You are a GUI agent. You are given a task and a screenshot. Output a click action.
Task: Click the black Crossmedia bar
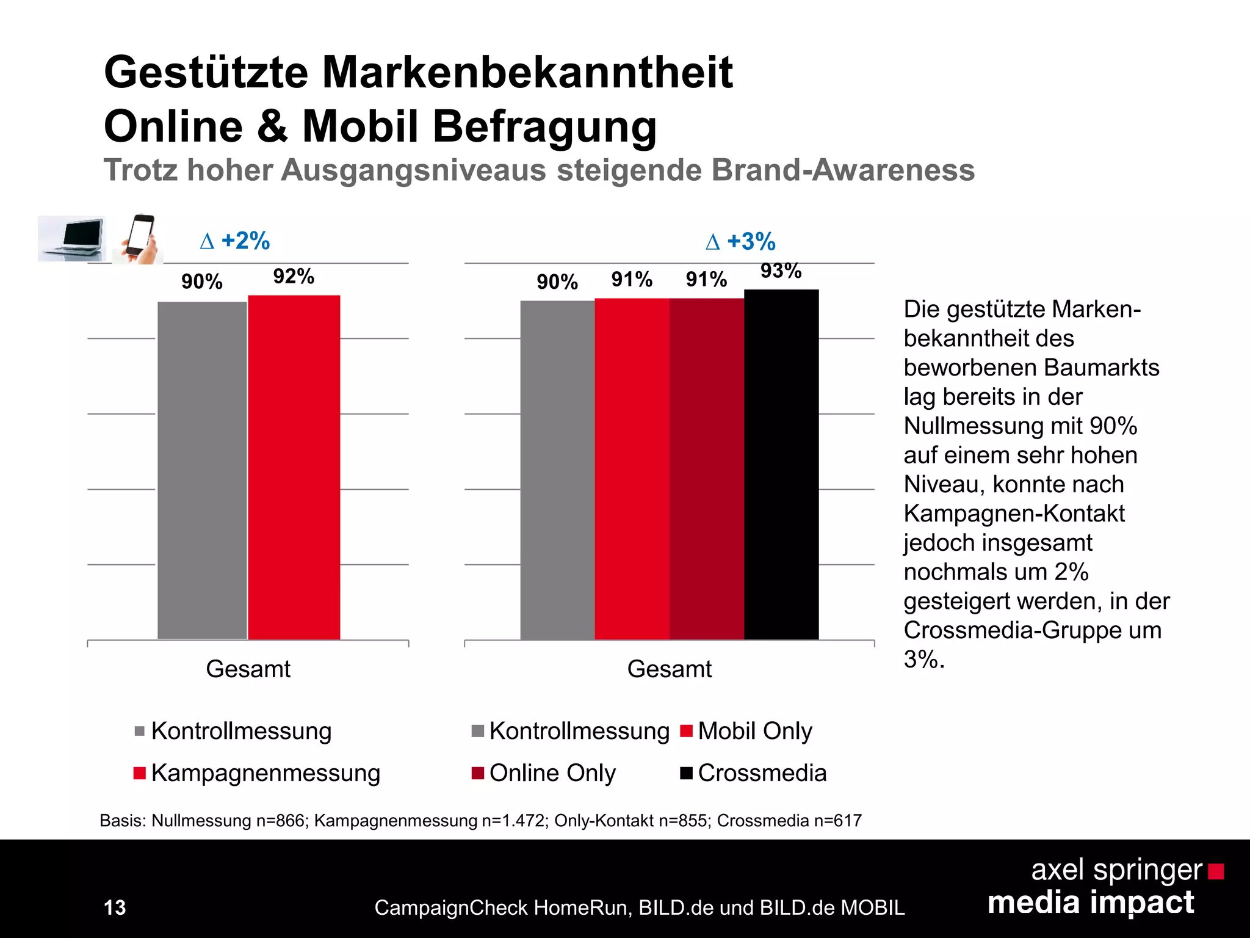click(781, 464)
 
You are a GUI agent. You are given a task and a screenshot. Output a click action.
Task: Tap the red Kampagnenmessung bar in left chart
click(294, 467)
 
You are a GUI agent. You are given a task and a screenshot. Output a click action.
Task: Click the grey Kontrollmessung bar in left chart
click(202, 470)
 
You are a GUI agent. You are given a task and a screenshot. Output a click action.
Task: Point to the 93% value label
click(781, 271)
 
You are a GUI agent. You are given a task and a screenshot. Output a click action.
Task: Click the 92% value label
click(294, 277)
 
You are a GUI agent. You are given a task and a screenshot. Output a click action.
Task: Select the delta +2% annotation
click(235, 241)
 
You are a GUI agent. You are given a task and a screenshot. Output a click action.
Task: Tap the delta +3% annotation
click(740, 242)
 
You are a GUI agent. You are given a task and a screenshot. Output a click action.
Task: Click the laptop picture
click(72, 238)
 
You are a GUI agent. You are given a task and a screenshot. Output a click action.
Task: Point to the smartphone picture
click(139, 238)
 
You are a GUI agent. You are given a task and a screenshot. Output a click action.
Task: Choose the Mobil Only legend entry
click(746, 731)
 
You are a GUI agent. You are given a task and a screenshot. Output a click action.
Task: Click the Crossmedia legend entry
click(754, 773)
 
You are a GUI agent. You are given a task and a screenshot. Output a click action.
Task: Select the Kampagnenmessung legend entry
click(257, 773)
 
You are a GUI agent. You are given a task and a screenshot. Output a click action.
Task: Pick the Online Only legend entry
click(544, 773)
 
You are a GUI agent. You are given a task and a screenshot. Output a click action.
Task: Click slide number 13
click(115, 907)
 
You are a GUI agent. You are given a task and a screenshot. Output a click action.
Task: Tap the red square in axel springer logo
click(1216, 871)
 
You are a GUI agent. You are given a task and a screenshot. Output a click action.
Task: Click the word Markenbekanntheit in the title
click(527, 73)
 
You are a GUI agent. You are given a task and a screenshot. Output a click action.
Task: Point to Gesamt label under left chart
click(248, 669)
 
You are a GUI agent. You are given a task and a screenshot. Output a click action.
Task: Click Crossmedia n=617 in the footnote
click(789, 820)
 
